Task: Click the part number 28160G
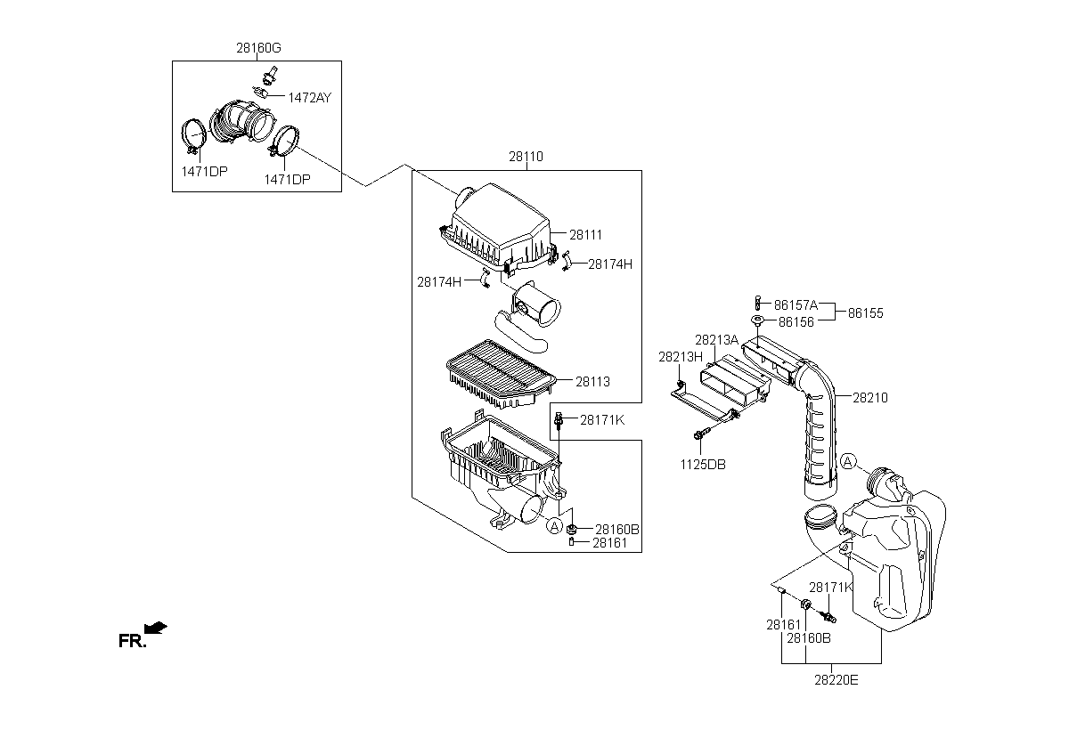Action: (258, 48)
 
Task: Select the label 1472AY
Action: (309, 98)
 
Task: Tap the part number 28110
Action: (526, 157)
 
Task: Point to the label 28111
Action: (585, 235)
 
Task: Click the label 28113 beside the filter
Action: (592, 381)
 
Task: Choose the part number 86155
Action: (865, 313)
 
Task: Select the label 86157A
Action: (796, 304)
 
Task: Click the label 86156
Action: (796, 322)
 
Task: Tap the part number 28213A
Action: (716, 340)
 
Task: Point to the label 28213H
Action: (681, 357)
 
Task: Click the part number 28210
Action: (870, 398)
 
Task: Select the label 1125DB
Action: (703, 465)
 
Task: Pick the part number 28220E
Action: (836, 680)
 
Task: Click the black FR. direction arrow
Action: (156, 628)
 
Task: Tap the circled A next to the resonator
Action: (847, 461)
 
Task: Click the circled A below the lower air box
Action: (554, 526)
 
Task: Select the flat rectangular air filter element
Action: (501, 374)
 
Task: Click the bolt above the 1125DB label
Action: (702, 434)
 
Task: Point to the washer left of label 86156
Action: (757, 320)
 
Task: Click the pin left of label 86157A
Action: (757, 304)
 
